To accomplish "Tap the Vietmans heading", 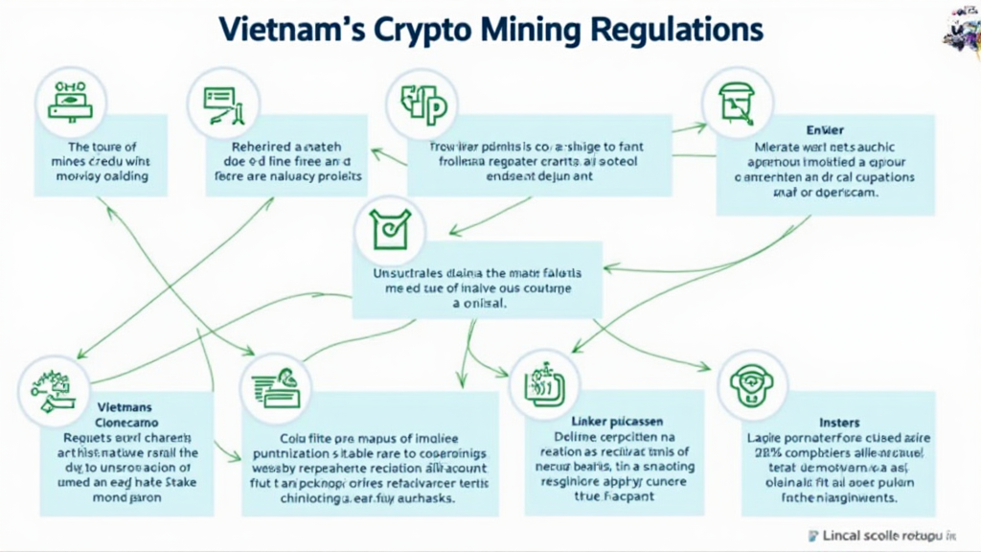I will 125,408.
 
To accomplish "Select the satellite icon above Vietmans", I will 47,388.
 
